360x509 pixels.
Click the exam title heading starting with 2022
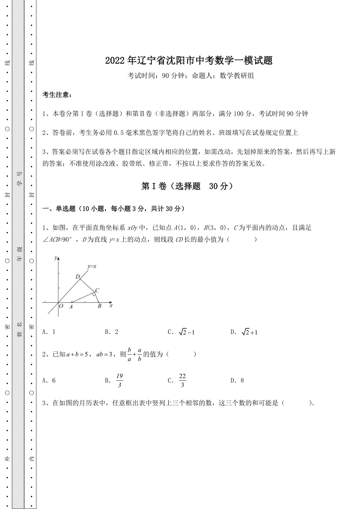[189, 61]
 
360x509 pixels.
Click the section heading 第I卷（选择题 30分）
[188, 186]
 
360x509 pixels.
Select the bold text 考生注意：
[57, 95]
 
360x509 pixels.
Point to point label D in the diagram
[77, 277]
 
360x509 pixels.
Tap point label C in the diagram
[97, 290]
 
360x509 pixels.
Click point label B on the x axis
[99, 306]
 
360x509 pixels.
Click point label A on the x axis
[71, 307]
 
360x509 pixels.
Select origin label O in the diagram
[61, 306]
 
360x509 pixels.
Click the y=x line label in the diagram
[92, 267]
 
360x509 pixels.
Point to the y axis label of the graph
[56, 258]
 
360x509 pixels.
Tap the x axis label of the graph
[111, 306]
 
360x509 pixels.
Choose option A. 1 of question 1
[49, 332]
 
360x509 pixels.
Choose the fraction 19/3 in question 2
[119, 380]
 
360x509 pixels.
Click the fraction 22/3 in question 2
[182, 380]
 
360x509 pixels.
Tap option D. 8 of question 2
[237, 380]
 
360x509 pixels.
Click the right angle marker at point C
[94, 294]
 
